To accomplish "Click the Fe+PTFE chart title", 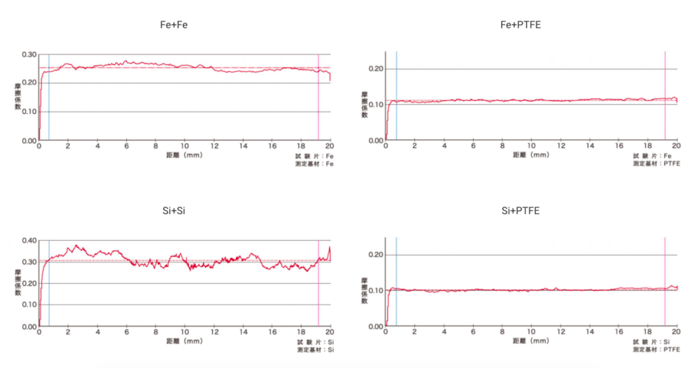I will coord(521,25).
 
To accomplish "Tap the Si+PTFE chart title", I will coord(521,211).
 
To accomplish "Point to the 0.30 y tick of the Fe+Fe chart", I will coord(29,55).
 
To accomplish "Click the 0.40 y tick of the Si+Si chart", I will coord(29,241).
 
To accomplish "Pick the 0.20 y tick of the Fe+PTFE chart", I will coord(376,69).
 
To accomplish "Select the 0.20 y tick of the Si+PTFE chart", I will coord(376,255).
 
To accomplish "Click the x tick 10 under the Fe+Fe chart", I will coord(185,147).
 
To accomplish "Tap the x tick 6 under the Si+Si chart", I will coord(127,333).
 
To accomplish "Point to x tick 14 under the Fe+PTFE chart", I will coord(590,147).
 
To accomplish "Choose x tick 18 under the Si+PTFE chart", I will coord(648,333).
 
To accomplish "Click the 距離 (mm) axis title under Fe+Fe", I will coord(184,155).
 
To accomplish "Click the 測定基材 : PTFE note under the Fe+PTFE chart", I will coord(656,164).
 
